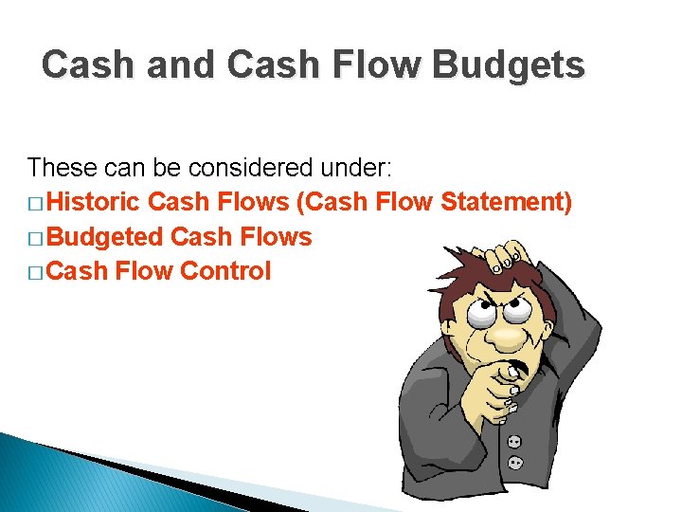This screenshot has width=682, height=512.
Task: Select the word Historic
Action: pyautogui.click(x=94, y=202)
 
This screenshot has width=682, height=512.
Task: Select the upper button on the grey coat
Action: pyautogui.click(x=513, y=442)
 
